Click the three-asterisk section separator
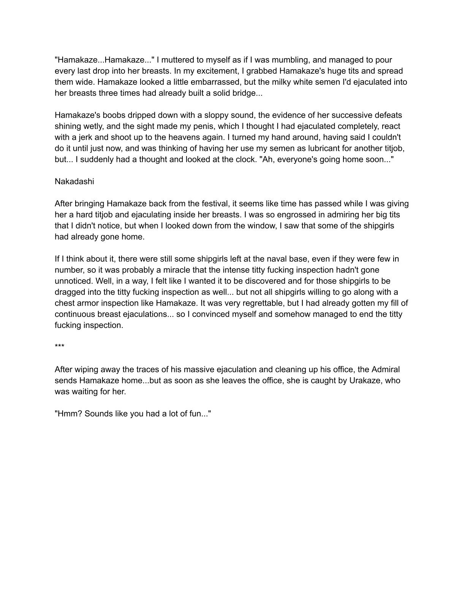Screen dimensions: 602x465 (x=60, y=347)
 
